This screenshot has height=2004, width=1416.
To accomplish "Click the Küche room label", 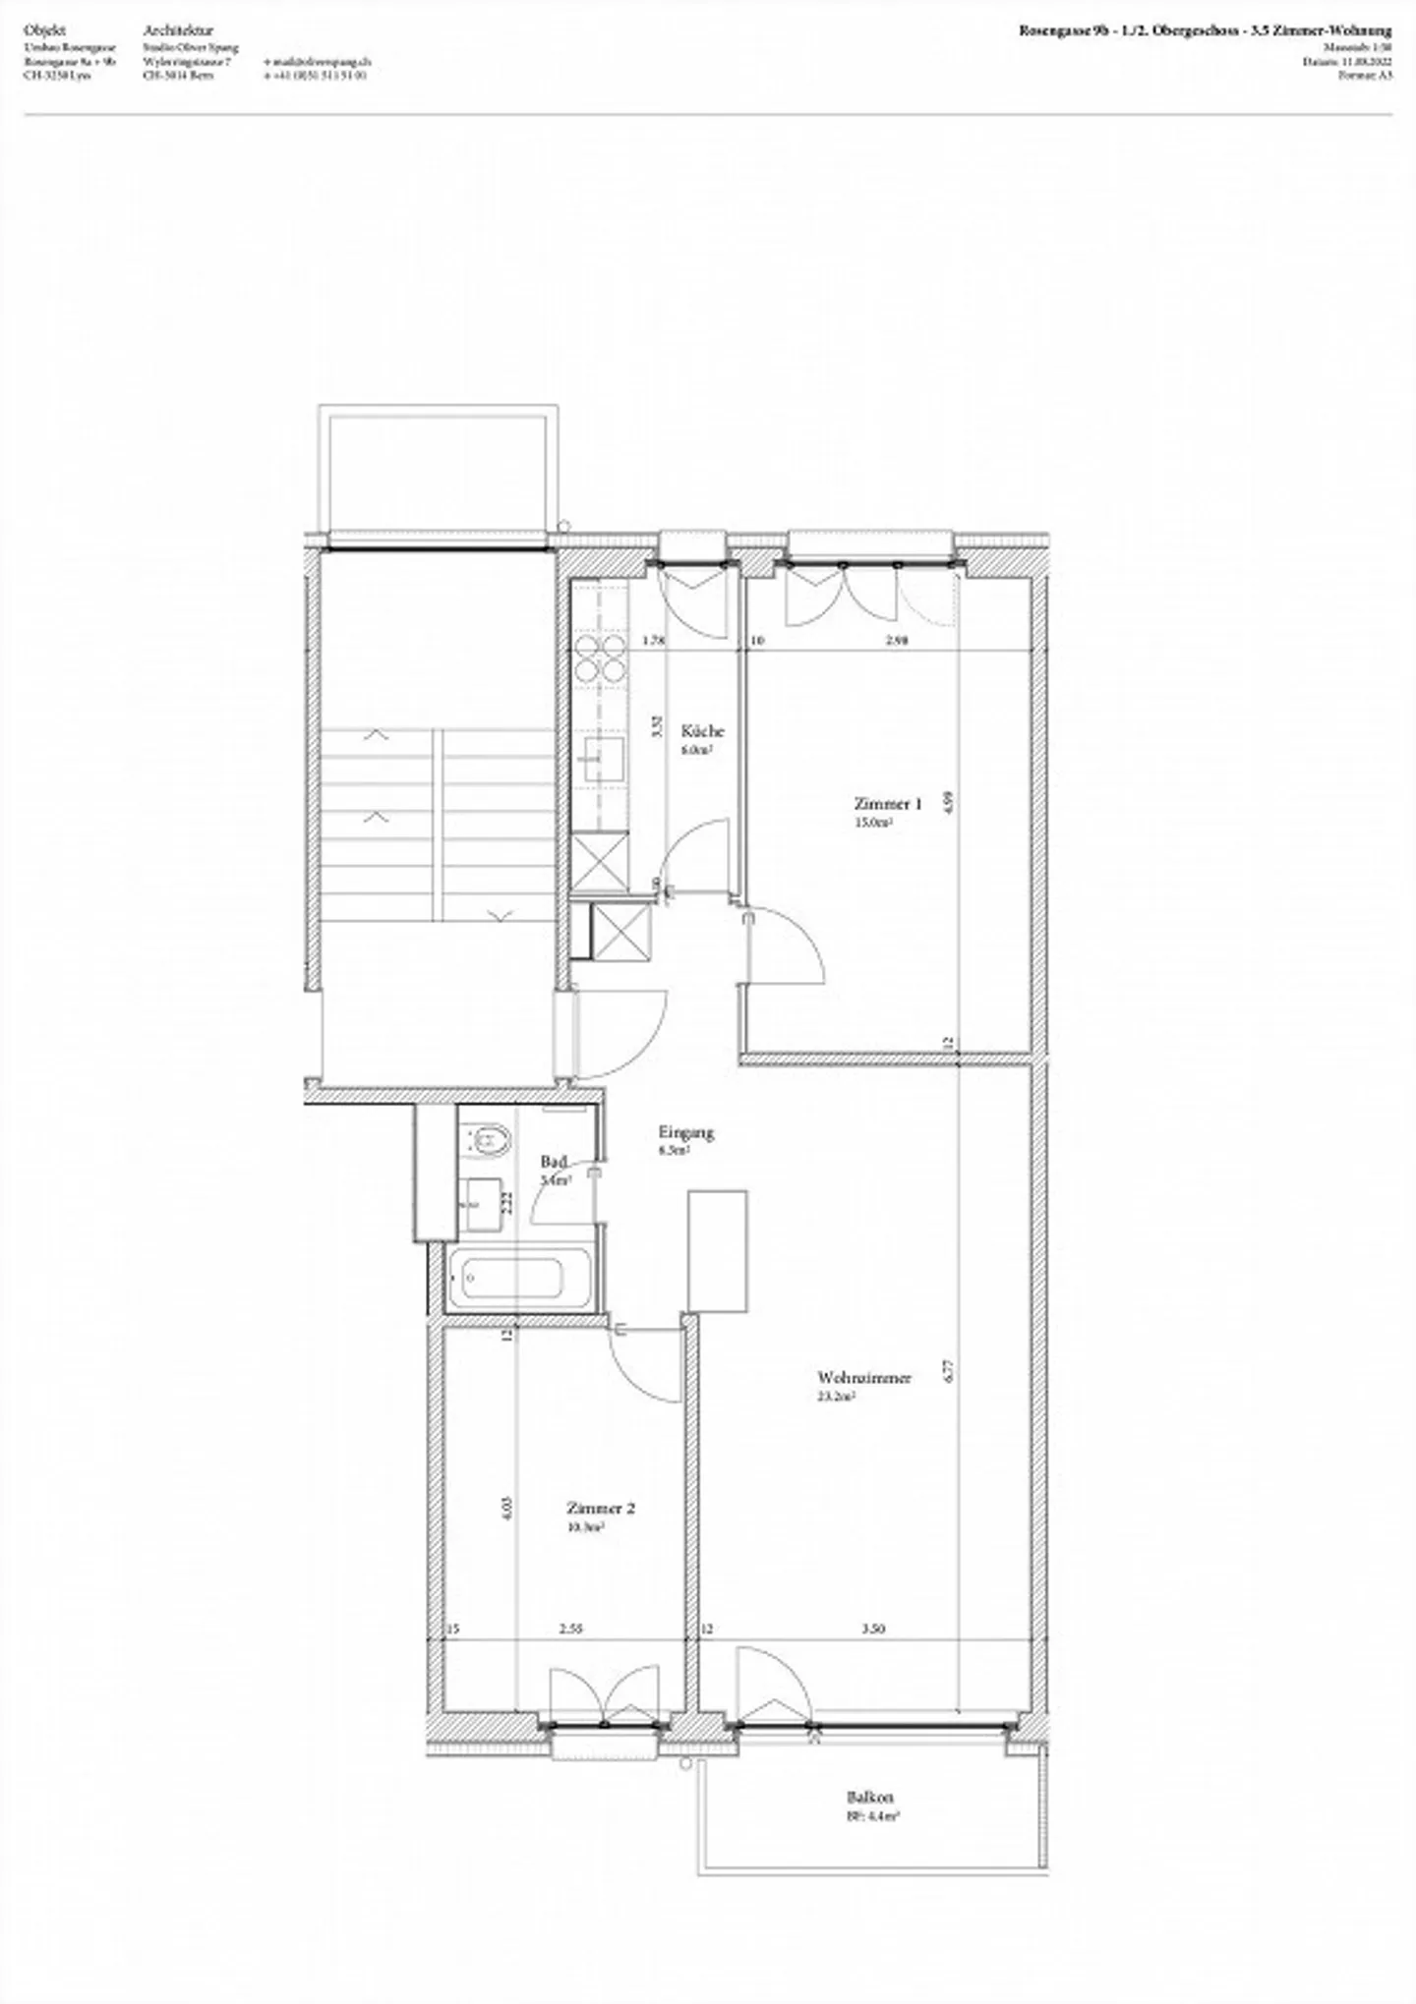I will [702, 730].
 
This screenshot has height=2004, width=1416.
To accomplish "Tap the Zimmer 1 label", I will [887, 803].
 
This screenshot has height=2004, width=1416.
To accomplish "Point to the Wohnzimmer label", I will [864, 1377].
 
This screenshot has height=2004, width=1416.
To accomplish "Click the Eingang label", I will [686, 1132].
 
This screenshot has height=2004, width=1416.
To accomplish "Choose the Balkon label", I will [871, 1798].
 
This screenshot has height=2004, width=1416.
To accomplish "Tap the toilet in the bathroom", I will [487, 1141].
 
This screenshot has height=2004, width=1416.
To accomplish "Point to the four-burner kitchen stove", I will [600, 658].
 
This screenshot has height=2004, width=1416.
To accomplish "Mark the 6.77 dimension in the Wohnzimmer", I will [950, 1371].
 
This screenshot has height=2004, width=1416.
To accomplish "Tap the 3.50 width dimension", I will [872, 1629].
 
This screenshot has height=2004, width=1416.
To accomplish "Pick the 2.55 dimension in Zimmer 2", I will [570, 1629].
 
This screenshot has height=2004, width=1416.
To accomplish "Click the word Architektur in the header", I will [178, 31].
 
